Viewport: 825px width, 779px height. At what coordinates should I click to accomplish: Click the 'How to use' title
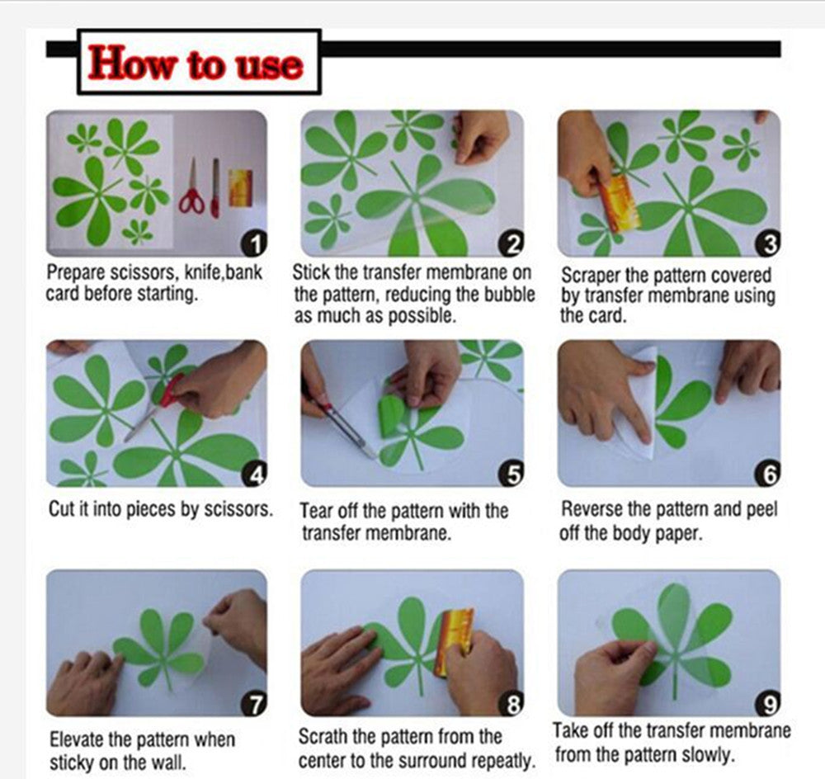(x=196, y=64)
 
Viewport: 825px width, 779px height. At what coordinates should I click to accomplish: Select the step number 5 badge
(x=513, y=474)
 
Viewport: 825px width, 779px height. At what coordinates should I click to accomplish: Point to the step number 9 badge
(x=768, y=704)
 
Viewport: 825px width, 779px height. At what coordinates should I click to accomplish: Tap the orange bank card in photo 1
(x=239, y=187)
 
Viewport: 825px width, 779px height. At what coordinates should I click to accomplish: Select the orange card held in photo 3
(x=619, y=203)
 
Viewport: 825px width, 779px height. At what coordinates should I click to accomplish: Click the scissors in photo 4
(x=157, y=408)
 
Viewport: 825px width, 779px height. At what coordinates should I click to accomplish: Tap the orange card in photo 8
(x=455, y=640)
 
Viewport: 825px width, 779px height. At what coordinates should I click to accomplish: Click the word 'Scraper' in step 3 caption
(x=590, y=275)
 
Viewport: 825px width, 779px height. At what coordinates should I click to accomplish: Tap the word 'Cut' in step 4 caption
(x=62, y=508)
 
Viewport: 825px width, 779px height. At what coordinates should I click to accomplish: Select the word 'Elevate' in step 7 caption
(x=80, y=739)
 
